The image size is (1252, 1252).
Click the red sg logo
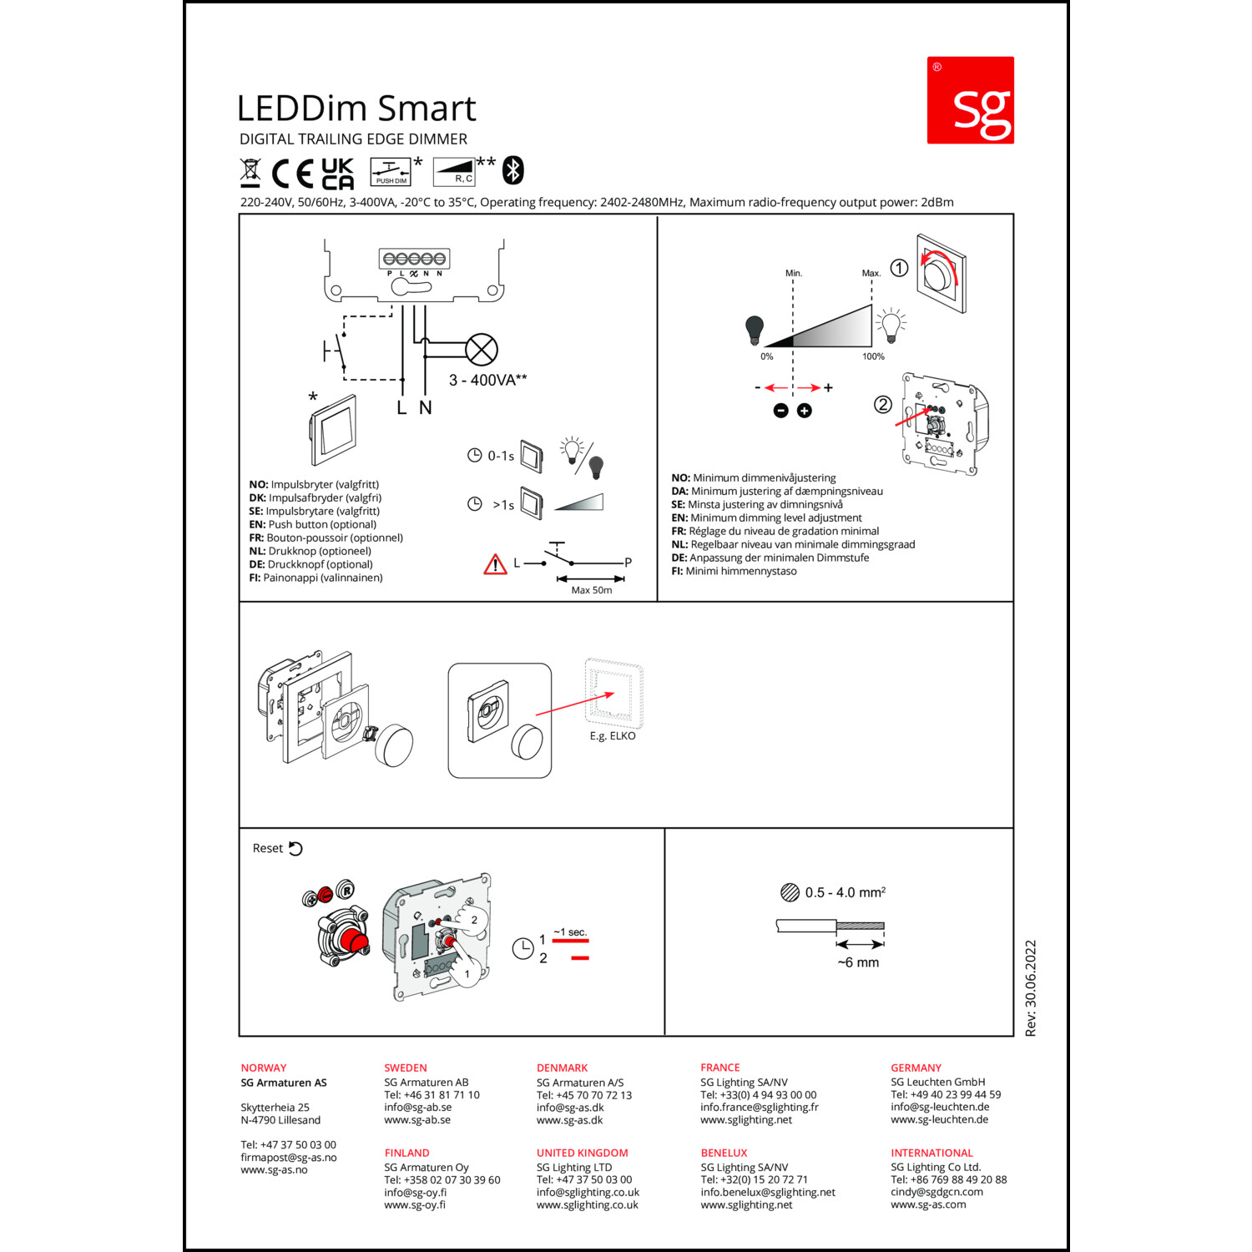click(x=970, y=100)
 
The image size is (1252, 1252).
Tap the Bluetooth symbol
click(x=512, y=170)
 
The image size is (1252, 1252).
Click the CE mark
click(x=293, y=174)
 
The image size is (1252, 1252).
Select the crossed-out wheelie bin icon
click(x=250, y=172)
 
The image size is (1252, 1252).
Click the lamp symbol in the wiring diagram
click(x=482, y=350)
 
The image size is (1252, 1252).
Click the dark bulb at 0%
click(x=755, y=331)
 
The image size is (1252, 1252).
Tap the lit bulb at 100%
click(x=891, y=326)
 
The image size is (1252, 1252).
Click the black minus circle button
click(x=780, y=411)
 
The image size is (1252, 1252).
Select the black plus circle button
click(x=804, y=411)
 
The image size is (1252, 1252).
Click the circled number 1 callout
click(x=899, y=268)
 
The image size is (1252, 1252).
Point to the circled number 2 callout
click(x=882, y=405)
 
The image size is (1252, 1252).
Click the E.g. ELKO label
click(x=613, y=736)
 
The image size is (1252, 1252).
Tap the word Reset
click(x=268, y=848)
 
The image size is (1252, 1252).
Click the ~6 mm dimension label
click(x=858, y=962)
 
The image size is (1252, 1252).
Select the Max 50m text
click(x=592, y=590)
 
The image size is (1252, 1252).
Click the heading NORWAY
click(x=264, y=1068)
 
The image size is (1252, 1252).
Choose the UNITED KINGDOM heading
click(x=583, y=1153)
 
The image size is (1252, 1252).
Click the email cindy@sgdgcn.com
click(x=936, y=1192)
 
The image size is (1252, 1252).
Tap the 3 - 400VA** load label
click(x=488, y=380)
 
